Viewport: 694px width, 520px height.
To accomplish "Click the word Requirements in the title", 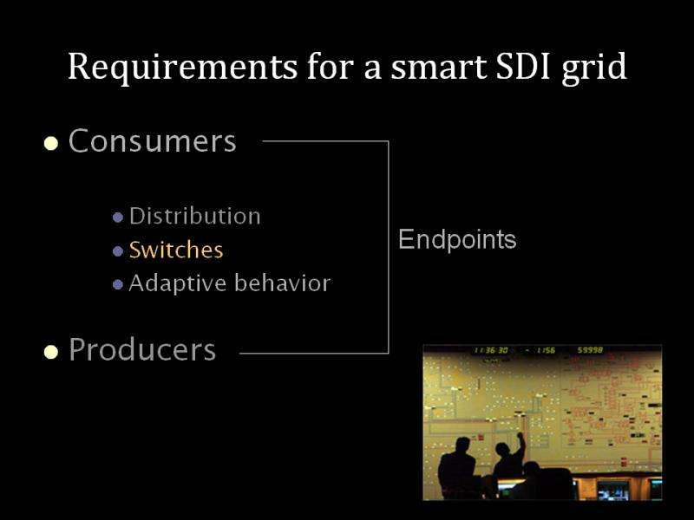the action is [x=182, y=68].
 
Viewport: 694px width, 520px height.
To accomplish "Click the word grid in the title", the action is [x=594, y=68].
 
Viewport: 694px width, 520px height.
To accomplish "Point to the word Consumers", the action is [x=153, y=140].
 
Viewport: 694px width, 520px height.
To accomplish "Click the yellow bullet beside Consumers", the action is [x=51, y=143].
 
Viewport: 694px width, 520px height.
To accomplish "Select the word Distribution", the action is [x=194, y=216].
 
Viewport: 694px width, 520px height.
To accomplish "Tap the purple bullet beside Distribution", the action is [x=118, y=218].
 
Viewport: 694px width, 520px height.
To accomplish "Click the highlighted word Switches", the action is [x=176, y=250].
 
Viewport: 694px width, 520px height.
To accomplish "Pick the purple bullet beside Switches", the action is [x=118, y=251].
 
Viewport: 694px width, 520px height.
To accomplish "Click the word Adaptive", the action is [x=177, y=283].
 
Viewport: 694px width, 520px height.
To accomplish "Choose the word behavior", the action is [x=283, y=283].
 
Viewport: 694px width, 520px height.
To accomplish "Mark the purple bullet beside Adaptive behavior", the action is [x=118, y=284].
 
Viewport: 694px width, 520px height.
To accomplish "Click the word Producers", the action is [x=142, y=350].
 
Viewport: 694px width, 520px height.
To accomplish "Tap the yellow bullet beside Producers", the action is [x=51, y=352].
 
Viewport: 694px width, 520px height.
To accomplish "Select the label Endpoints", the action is [x=457, y=240].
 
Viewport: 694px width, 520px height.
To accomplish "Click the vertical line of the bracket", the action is [x=389, y=247].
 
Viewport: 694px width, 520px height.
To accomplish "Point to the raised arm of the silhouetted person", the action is [x=521, y=445].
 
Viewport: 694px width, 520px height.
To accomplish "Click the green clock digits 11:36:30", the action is [x=491, y=350].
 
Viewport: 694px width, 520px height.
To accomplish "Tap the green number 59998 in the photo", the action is [x=590, y=350].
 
